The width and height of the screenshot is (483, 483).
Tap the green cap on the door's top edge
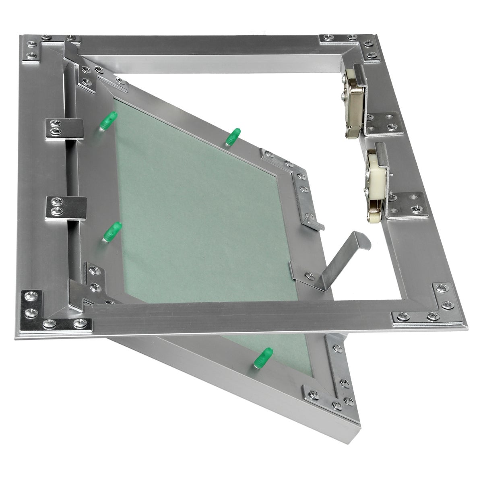tap(233, 137)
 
